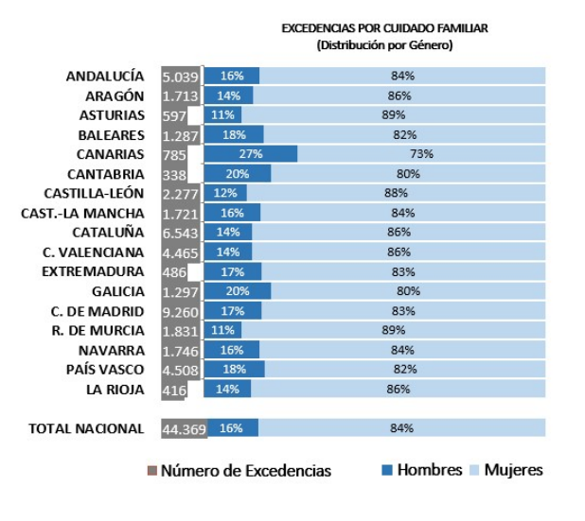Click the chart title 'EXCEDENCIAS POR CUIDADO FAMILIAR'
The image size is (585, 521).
point(384,29)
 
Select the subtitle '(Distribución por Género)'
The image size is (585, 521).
point(384,44)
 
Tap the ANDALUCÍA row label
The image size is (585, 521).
point(105,76)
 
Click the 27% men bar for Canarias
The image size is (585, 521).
point(251,154)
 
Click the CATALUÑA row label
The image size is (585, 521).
point(108,233)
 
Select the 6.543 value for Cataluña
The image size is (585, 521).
point(180,233)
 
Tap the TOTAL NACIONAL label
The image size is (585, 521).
point(86,428)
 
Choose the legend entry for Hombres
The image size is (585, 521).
point(421,470)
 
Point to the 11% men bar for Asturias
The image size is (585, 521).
point(223,115)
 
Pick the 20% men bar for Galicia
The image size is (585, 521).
point(238,291)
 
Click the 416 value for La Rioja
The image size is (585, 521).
point(174,389)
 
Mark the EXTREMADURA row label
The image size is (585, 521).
point(106,271)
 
